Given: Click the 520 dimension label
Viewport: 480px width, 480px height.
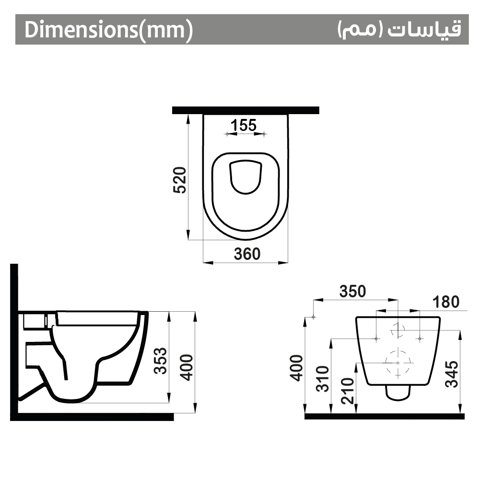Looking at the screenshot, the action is (179, 180).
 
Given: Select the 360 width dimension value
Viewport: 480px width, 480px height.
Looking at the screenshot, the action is (247, 254).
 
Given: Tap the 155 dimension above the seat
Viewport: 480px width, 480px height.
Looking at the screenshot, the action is (244, 125).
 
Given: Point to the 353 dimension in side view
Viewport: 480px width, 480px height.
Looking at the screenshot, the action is (160, 361).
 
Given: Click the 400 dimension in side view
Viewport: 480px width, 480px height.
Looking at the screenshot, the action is (186, 367).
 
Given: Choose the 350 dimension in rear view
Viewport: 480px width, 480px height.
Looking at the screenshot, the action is (352, 292).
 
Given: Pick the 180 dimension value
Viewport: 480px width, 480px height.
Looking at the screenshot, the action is (446, 302).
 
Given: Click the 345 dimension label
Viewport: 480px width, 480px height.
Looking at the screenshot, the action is (452, 374).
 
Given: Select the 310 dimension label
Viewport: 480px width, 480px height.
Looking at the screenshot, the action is (323, 378).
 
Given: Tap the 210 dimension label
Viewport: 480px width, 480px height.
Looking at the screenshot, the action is (348, 391).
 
